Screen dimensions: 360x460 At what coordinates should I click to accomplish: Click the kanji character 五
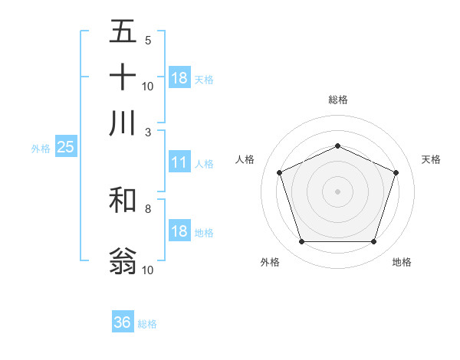(123, 32)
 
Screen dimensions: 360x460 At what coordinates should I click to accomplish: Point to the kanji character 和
(123, 200)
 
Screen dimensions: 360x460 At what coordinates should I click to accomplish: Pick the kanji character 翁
(123, 260)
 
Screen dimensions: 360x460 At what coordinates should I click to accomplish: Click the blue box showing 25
(65, 147)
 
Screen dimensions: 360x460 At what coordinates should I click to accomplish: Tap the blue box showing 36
(123, 322)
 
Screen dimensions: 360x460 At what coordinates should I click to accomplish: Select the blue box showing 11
(179, 162)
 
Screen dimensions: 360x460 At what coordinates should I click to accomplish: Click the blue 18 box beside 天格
(179, 78)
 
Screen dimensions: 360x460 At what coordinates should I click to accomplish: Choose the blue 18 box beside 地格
(179, 232)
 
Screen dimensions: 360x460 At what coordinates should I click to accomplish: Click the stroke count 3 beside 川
(148, 132)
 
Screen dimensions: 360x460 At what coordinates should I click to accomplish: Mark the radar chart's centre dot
(337, 191)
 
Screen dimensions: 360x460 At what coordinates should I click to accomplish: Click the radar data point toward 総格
(337, 146)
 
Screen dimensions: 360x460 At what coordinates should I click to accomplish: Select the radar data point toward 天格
(396, 172)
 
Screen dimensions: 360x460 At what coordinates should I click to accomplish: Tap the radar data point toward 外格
(301, 242)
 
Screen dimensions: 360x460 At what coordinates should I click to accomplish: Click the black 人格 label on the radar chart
(245, 159)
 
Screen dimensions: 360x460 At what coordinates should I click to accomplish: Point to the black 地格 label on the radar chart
(402, 262)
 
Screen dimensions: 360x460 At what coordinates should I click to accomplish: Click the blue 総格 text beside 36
(147, 324)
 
